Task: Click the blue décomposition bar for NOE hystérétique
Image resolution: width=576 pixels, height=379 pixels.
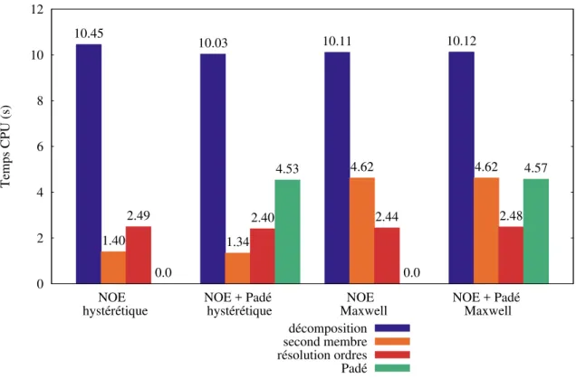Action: tap(89, 164)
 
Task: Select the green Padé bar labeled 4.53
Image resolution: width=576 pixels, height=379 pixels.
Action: tap(288, 232)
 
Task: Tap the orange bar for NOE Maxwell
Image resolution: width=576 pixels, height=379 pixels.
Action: tap(362, 231)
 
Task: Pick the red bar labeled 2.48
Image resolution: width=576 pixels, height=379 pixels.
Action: tap(511, 255)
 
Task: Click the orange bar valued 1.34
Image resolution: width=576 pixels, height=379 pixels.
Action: tap(237, 269)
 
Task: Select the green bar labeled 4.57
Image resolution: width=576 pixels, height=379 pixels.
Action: tap(536, 232)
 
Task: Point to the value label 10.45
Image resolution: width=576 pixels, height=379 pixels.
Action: tap(89, 33)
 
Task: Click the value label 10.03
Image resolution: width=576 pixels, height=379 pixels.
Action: tap(213, 43)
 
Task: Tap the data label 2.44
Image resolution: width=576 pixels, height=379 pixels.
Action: tap(387, 217)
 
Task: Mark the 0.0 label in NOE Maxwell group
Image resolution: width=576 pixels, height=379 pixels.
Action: tap(411, 272)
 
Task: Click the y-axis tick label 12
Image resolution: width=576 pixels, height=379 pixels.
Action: tap(37, 9)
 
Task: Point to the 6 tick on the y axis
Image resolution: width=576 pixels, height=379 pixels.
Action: tap(40, 147)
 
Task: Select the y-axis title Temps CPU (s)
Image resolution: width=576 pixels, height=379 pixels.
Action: tap(5, 146)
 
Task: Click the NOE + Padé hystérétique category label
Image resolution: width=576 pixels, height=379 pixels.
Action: tap(239, 304)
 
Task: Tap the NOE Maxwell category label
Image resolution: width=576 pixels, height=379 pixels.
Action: tap(363, 304)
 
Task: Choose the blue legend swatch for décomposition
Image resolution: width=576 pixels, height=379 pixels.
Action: tap(392, 328)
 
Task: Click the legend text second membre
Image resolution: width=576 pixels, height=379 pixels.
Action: tap(325, 342)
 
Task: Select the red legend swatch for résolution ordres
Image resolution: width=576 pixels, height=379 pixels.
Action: tap(392, 355)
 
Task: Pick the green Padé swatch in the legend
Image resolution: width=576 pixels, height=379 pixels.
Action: tap(392, 368)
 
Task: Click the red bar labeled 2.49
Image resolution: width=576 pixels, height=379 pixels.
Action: tap(139, 255)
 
